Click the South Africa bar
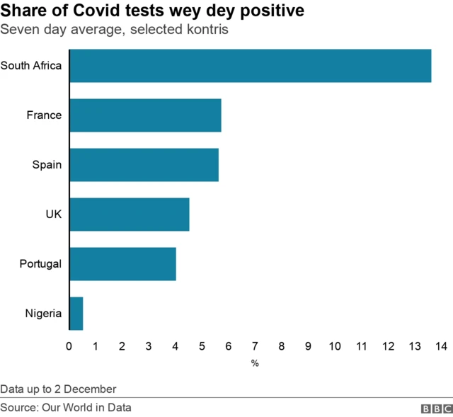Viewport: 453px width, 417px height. [251, 66]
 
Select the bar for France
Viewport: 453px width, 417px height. [145, 115]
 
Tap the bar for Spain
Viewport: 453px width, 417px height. [144, 165]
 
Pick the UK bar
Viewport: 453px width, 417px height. [129, 215]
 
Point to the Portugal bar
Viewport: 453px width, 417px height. [122, 264]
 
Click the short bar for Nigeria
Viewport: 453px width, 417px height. [76, 314]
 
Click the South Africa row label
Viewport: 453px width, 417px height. [31, 66]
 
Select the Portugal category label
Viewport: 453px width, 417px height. [40, 264]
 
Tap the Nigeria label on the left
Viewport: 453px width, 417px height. [43, 314]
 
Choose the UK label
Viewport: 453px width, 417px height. [53, 215]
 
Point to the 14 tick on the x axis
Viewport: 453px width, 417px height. [441, 346]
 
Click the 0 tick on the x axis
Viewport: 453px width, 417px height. [69, 346]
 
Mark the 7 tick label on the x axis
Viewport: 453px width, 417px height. [255, 346]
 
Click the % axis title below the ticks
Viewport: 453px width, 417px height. [255, 363]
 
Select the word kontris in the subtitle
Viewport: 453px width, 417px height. [206, 30]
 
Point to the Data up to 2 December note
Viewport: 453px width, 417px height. [58, 389]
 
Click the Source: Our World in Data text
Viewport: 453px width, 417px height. [66, 407]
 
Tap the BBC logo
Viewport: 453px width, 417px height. [436, 409]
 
